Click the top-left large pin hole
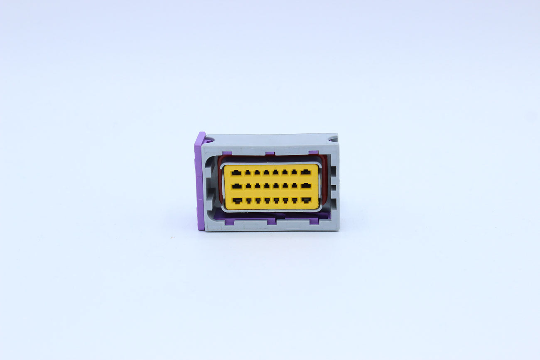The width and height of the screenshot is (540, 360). tap(236, 172)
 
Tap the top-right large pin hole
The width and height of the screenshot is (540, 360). tap(306, 172)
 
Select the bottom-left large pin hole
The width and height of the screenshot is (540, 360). tap(237, 201)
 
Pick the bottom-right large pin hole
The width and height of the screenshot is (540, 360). tap(306, 200)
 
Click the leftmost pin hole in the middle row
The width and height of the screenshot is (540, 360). tap(237, 186)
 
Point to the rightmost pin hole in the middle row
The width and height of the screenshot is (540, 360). tap(306, 186)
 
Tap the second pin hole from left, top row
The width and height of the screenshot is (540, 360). tap(248, 172)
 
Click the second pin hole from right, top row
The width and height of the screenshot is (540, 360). tap(294, 172)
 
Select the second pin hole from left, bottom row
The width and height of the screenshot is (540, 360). tap(249, 201)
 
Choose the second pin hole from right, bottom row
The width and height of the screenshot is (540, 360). tap(295, 201)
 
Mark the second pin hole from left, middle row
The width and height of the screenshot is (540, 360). tap(248, 186)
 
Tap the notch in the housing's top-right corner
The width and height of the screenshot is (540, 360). tap(333, 138)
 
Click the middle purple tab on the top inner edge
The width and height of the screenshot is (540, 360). tap(270, 153)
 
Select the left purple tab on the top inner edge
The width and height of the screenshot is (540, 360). tap(227, 153)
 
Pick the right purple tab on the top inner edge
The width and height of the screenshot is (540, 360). tap(314, 152)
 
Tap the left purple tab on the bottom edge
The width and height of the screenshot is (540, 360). tap(271, 221)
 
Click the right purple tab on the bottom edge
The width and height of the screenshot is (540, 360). tap(314, 220)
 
